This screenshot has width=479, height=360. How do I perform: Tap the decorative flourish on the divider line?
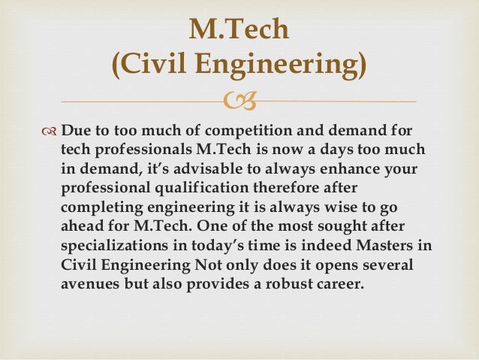coord(239,101)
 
